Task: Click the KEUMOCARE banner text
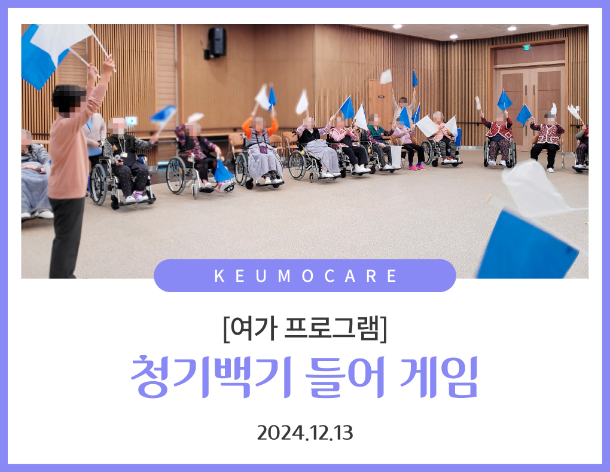coord(305,276)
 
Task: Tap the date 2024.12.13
coord(305,433)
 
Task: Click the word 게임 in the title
coord(439,376)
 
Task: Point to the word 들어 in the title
coord(344,376)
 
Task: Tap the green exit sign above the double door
coord(526,48)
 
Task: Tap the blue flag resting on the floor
coord(223,172)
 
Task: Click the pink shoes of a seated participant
coord(416,167)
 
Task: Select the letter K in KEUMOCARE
coord(219,276)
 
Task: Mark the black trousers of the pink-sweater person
coord(66,237)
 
